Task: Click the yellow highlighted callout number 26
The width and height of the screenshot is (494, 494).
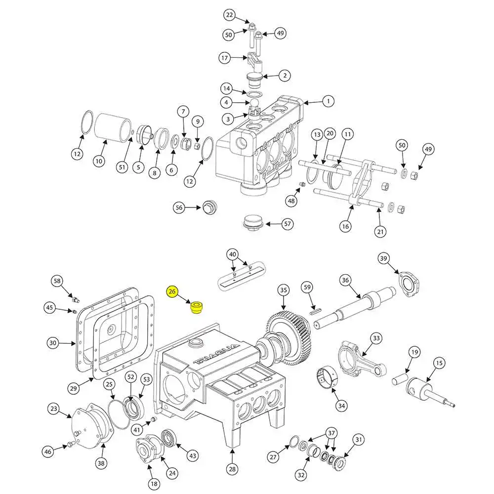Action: (172, 292)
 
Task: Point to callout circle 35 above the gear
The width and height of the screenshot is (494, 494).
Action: (283, 289)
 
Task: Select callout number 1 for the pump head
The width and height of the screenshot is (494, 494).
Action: (327, 101)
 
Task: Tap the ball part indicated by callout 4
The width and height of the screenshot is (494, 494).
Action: (255, 104)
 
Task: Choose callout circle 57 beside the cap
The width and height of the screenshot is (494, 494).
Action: (288, 224)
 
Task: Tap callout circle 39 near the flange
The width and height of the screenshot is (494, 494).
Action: (384, 258)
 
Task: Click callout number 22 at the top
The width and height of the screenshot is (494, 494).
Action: (230, 15)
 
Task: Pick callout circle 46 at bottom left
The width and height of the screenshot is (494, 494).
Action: (47, 451)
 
